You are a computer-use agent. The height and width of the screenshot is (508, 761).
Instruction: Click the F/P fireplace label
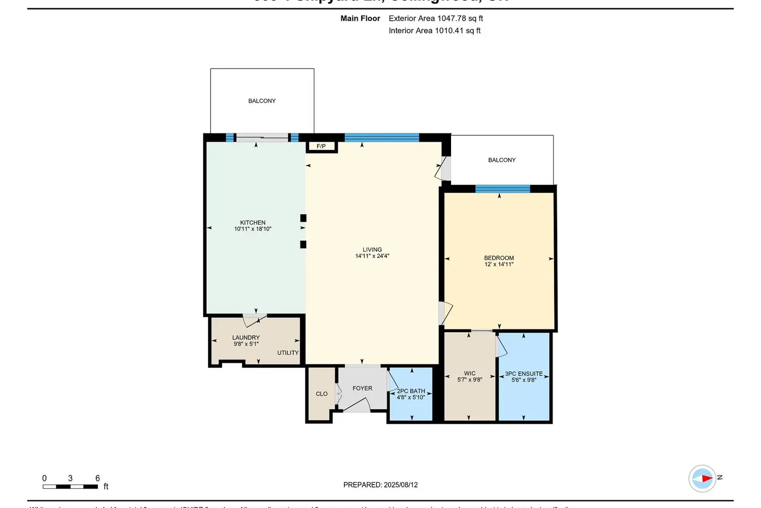(321, 146)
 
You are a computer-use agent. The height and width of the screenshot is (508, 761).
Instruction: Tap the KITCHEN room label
(253, 223)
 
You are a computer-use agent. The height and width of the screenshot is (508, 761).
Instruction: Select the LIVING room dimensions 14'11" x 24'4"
(372, 256)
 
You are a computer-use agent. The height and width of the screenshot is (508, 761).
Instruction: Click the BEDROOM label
(499, 258)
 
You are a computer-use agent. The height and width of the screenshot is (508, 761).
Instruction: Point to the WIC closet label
(470, 373)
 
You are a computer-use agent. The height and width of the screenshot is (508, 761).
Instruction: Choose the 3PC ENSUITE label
(524, 374)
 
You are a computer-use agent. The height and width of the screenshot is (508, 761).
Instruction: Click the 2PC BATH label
(411, 391)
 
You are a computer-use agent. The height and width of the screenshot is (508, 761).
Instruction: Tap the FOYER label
(362, 388)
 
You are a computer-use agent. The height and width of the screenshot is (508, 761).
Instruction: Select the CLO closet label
(322, 394)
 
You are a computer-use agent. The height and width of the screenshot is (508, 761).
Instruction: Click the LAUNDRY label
(246, 338)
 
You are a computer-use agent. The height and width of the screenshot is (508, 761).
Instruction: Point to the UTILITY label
(288, 353)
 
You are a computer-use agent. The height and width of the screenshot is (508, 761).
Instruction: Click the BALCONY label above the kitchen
(262, 101)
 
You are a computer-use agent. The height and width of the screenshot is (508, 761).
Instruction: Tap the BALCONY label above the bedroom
(502, 160)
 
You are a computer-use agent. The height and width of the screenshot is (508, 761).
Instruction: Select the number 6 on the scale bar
(97, 478)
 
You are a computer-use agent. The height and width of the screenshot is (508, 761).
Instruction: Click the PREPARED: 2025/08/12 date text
(380, 485)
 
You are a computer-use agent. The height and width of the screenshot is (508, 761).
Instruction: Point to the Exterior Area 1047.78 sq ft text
(435, 18)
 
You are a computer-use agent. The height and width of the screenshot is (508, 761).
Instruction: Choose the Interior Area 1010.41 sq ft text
(434, 30)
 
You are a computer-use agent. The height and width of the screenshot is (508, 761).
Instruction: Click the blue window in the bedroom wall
(502, 189)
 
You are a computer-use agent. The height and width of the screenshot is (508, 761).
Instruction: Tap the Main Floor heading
(360, 18)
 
